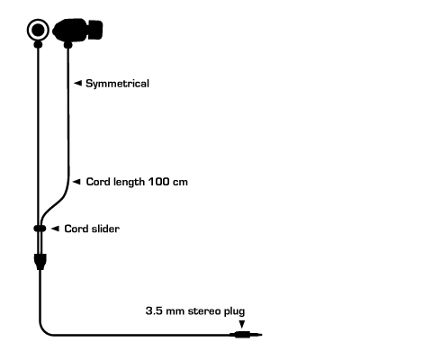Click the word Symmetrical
117,84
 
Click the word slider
105,229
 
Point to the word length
129,182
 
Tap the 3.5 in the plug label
154,310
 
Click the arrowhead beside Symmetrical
77,83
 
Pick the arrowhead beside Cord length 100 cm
76,182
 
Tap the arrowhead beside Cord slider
55,229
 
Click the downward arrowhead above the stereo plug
241,324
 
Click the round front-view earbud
38,30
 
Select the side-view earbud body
70,30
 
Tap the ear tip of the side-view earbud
95,30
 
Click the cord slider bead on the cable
40,229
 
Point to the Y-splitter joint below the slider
40,262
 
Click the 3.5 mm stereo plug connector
246,335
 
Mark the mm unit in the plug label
175,312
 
